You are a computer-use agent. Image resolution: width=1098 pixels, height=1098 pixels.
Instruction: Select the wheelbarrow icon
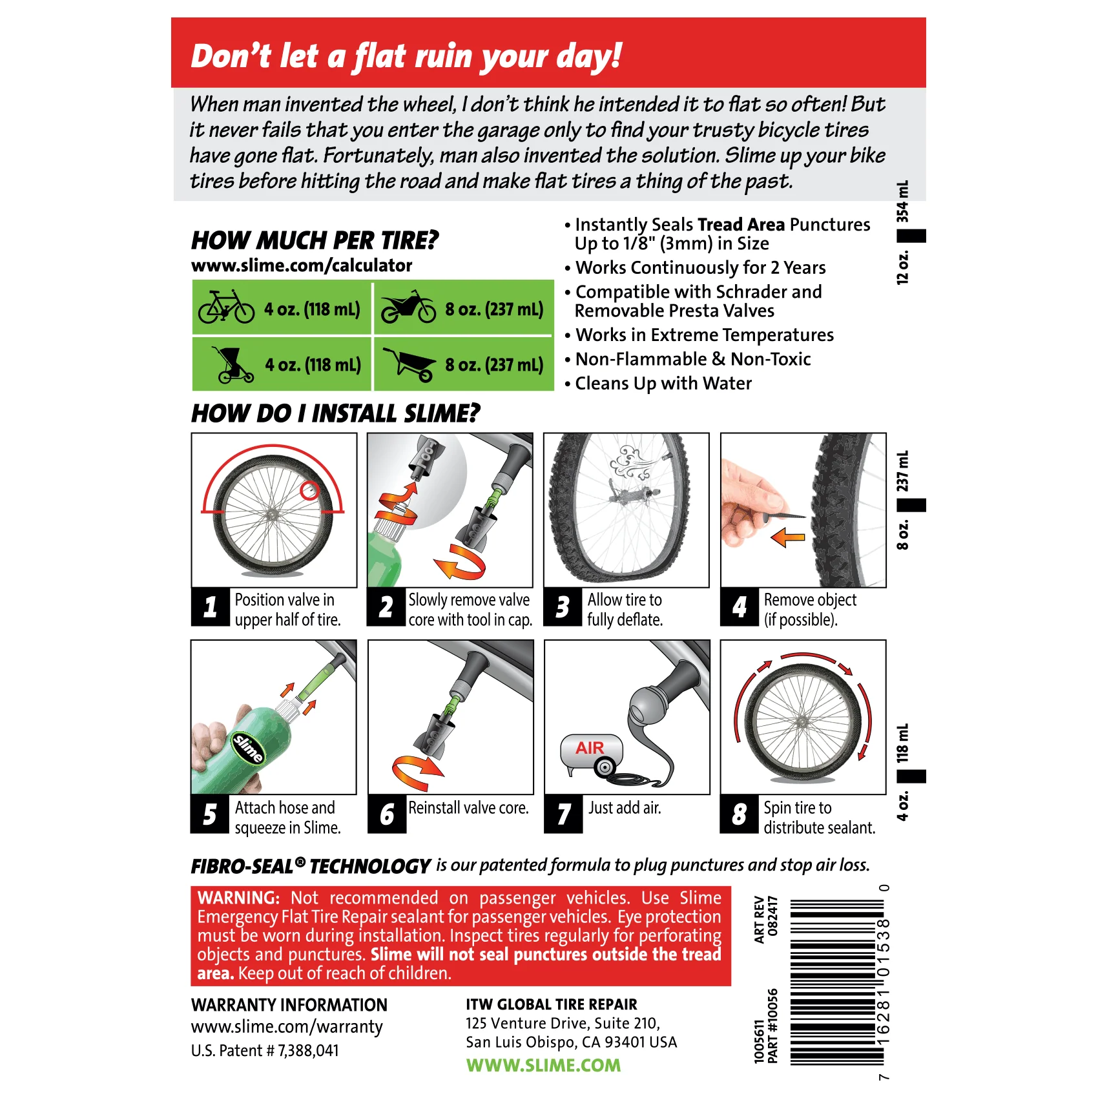408,364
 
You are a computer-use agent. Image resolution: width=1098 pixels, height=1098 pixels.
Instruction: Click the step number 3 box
563,607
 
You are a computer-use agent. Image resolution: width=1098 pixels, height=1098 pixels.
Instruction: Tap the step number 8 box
739,814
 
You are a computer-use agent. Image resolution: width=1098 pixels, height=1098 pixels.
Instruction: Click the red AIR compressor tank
591,751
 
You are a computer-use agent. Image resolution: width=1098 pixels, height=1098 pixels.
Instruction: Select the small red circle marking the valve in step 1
310,491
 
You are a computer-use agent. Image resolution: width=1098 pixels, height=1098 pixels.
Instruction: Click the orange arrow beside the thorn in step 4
788,537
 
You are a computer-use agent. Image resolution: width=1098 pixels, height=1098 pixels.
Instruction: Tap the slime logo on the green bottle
248,748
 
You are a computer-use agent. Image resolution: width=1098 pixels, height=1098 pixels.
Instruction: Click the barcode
836,982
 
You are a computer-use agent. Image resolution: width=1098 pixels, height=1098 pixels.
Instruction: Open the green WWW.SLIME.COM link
543,1065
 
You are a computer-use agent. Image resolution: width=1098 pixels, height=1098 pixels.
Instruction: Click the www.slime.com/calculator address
302,265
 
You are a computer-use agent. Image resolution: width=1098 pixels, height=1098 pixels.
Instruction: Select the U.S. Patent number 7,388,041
265,1051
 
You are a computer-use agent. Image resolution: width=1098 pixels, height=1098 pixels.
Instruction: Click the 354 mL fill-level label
902,202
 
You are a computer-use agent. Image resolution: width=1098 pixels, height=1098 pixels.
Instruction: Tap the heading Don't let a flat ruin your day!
406,56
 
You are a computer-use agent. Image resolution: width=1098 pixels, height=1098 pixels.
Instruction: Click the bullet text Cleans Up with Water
663,384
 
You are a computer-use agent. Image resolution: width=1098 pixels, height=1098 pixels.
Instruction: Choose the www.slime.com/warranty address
287,1027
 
